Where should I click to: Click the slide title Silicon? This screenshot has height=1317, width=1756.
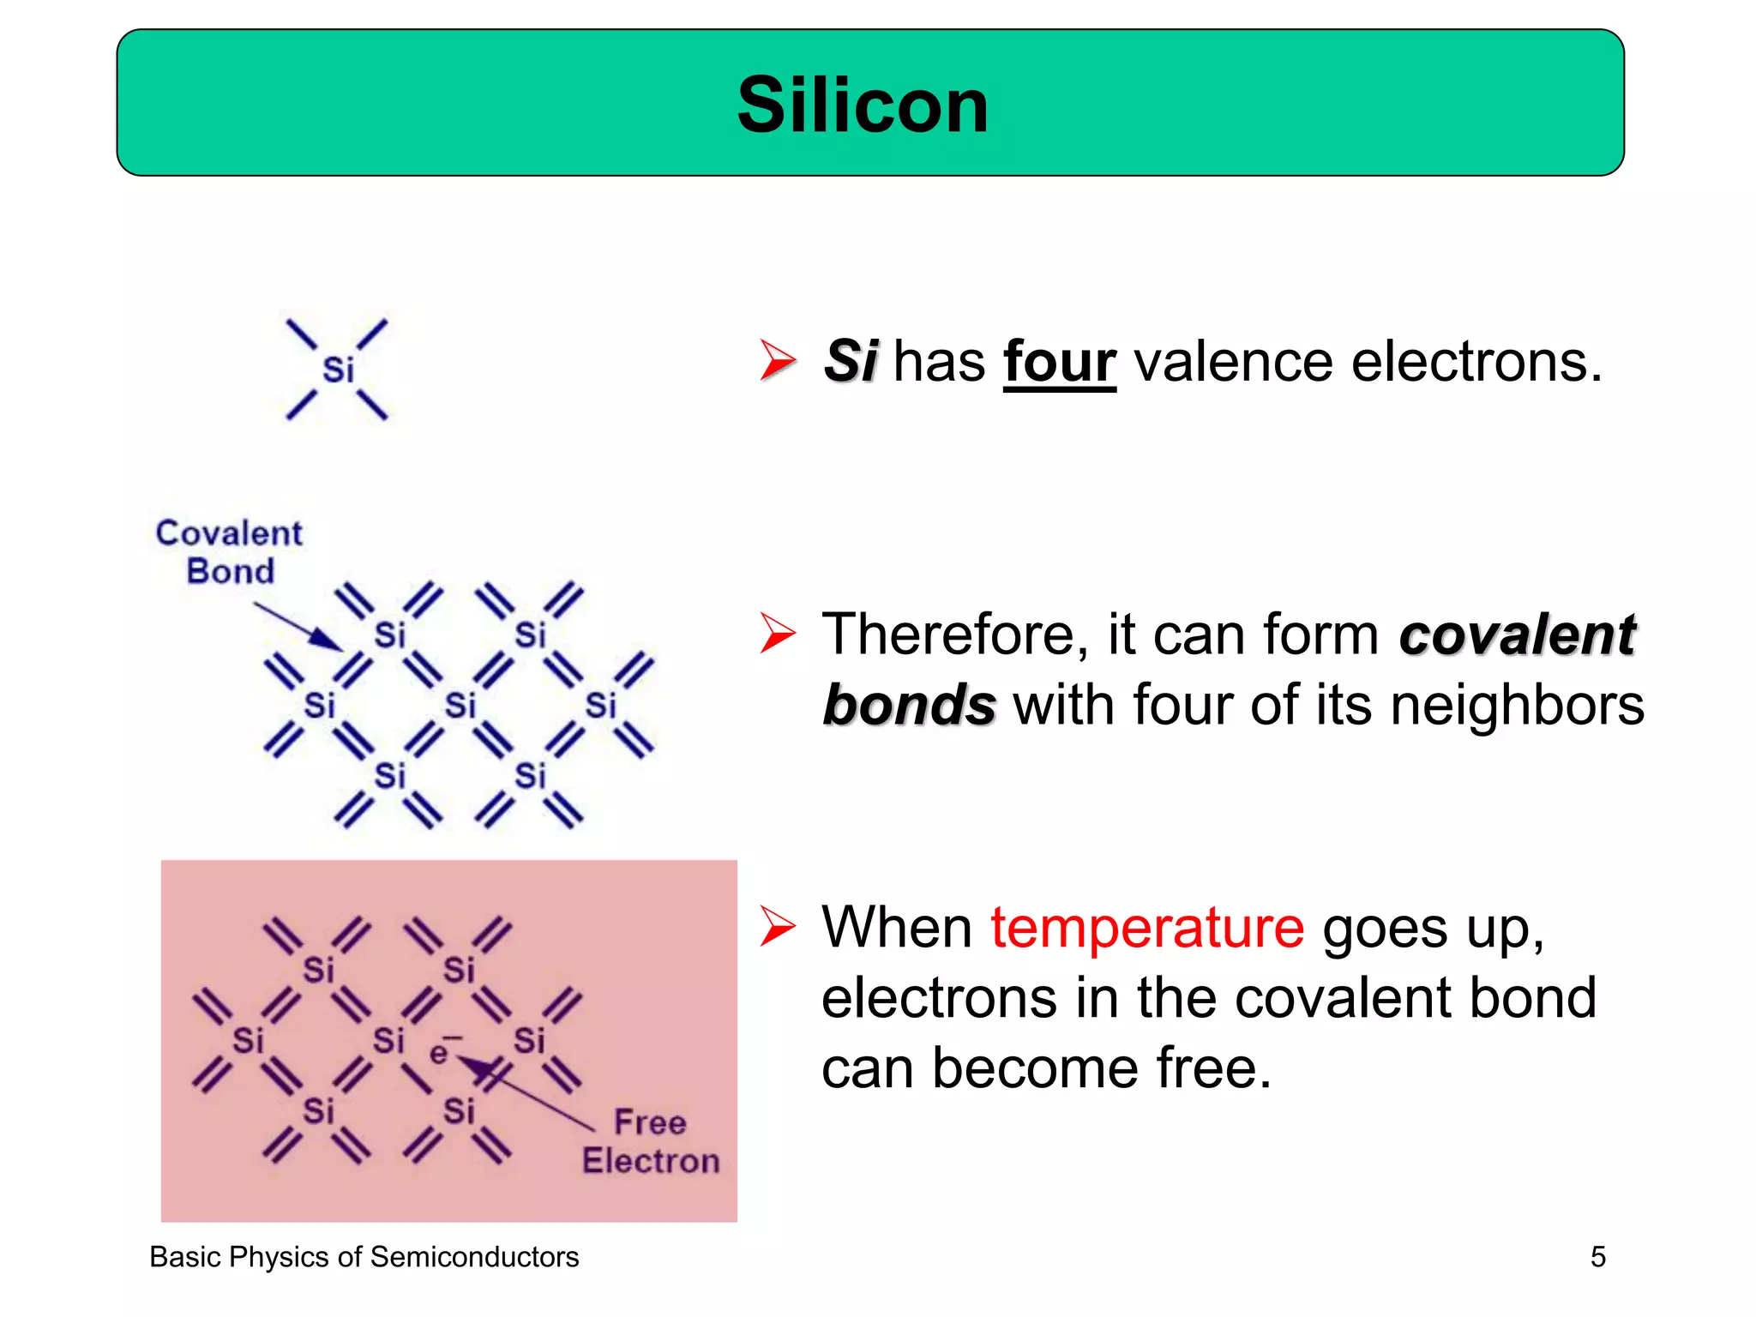coord(863,105)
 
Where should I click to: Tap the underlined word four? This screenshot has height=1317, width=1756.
coord(1059,361)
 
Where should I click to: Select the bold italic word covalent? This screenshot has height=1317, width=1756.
coord(1517,635)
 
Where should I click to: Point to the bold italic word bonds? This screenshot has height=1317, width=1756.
coord(909,705)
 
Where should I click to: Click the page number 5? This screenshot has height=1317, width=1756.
coord(1597,1257)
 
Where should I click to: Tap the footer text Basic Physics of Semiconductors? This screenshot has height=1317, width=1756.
coord(364,1257)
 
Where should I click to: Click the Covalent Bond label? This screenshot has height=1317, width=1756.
coord(229,551)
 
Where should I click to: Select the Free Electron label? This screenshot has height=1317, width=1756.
coord(650,1141)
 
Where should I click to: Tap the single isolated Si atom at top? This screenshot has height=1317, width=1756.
coord(338,370)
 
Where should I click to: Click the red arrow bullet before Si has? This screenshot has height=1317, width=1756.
coord(777,360)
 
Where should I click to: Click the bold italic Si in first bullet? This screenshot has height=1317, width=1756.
coord(851,361)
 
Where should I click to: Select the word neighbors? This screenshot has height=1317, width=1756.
coord(1517,705)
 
